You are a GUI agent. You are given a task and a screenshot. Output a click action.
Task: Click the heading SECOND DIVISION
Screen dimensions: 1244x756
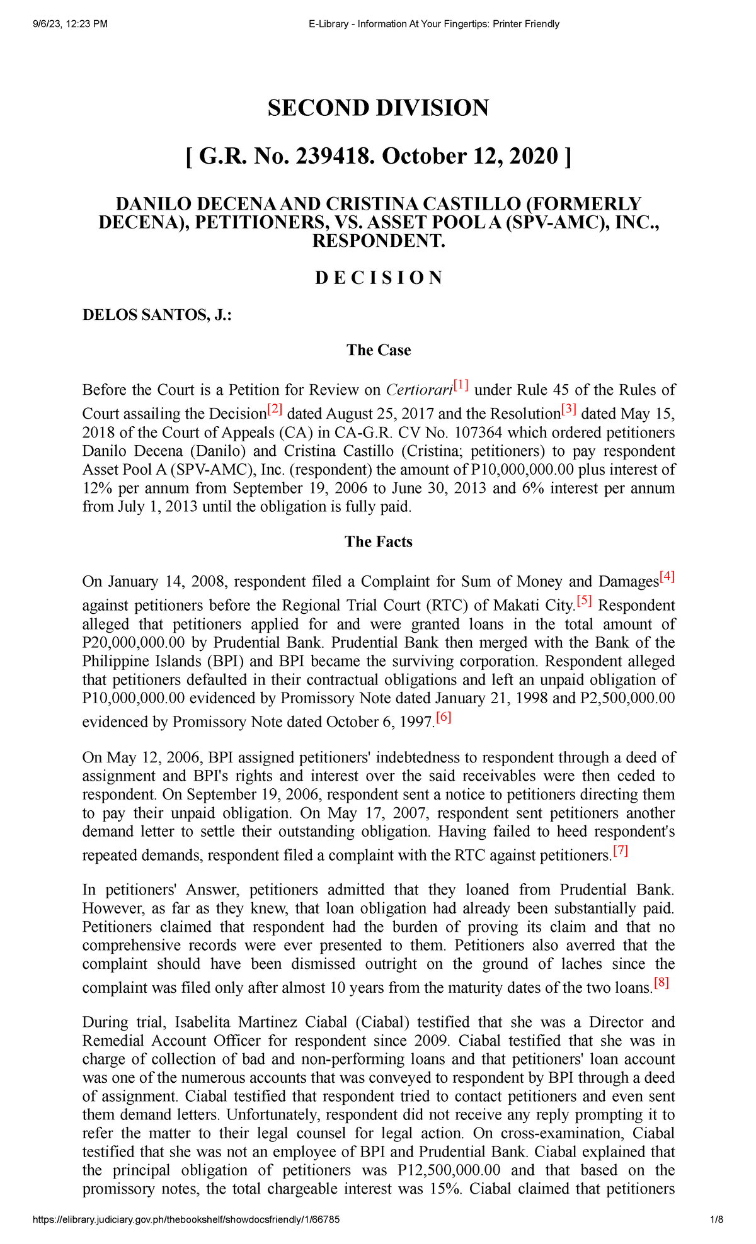coord(378,108)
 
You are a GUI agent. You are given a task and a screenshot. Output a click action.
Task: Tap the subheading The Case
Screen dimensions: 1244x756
coord(378,351)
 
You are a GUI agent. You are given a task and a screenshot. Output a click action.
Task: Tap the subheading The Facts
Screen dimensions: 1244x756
coord(378,542)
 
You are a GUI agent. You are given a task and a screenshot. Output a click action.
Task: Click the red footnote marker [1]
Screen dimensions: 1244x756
coord(461,385)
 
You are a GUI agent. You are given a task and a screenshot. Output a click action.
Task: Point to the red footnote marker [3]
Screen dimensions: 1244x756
coord(569,409)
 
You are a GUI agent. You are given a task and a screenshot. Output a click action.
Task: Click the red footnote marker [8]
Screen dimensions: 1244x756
coord(661,983)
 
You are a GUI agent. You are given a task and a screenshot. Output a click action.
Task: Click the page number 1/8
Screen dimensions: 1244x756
coord(716,1219)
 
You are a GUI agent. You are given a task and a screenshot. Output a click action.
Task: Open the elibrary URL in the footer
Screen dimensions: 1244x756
coord(186,1219)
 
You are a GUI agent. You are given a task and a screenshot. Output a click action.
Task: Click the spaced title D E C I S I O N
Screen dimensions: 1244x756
coord(378,278)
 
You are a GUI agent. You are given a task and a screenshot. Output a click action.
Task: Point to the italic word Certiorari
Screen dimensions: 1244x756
coord(419,390)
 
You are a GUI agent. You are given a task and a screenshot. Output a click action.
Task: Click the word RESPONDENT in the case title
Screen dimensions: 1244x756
coord(378,241)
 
